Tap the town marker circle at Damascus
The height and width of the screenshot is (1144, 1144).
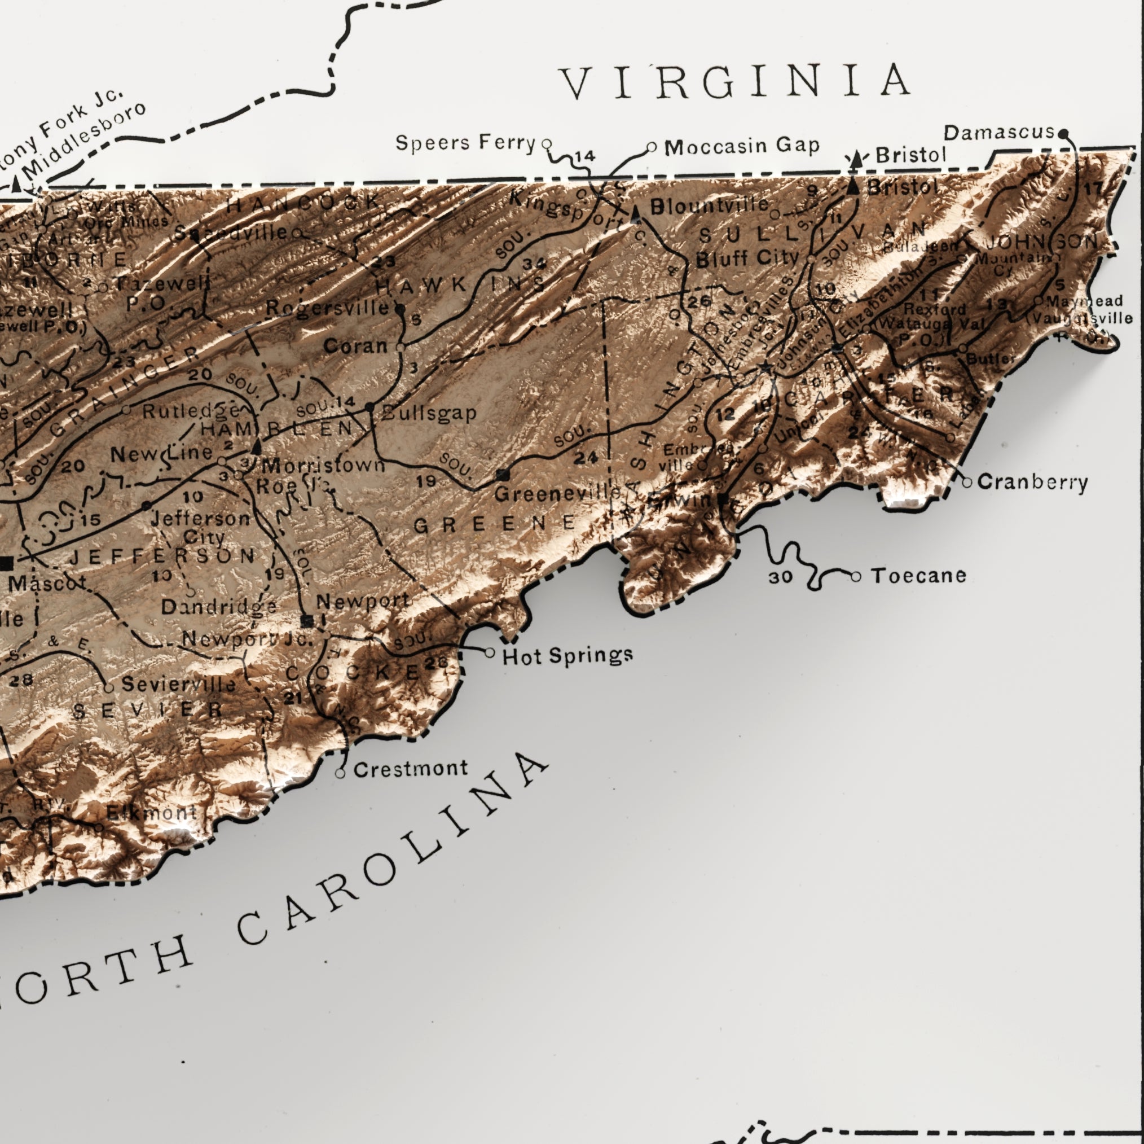[x=1063, y=133]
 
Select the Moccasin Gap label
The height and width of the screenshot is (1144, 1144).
[x=741, y=146]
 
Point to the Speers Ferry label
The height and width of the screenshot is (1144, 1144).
[x=465, y=143]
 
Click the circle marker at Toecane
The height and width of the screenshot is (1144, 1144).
[x=856, y=576]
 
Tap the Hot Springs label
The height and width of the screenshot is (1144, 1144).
[x=567, y=656]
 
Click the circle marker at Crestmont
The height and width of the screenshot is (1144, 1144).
[x=340, y=773]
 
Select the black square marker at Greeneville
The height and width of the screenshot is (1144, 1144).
[x=503, y=475]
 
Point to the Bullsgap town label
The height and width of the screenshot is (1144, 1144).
[x=429, y=413]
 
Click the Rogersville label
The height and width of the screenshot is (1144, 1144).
[x=327, y=308]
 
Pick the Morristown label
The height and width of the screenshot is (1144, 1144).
[x=323, y=465]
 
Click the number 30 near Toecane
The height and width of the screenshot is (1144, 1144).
[x=780, y=577]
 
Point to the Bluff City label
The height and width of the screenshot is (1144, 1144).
[x=747, y=258]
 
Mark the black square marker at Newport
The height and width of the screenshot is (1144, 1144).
[x=307, y=621]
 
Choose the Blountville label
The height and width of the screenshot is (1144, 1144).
[x=710, y=206]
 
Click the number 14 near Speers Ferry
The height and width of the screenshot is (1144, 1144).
[x=584, y=156]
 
